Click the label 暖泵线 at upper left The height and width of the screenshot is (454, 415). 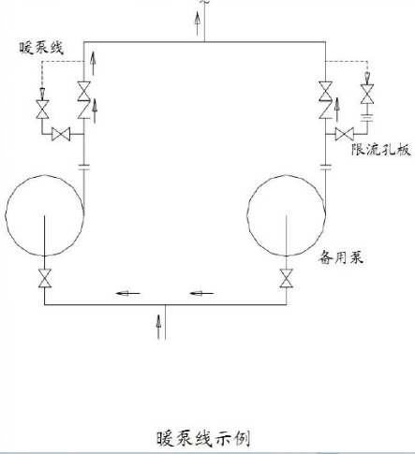41,48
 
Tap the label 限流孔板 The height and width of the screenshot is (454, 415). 380,150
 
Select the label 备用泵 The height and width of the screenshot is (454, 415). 341,257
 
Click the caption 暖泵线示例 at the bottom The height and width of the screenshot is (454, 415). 203,438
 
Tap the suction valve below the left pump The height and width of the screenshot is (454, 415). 45,278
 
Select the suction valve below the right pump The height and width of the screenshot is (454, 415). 287,278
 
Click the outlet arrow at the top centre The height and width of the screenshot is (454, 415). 198,23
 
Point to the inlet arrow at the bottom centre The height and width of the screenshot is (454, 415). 158,327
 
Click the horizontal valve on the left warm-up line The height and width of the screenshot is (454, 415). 61,134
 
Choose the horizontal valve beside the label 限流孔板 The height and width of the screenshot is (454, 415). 345,134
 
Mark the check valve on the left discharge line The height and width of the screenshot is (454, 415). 83,110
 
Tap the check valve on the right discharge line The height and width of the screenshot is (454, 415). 325,110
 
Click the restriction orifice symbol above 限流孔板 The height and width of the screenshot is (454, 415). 367,118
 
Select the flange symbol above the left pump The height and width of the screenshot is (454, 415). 83,168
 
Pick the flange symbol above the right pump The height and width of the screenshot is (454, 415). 326,168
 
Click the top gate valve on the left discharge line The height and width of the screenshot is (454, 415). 83,91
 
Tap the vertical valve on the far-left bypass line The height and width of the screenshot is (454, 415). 42,110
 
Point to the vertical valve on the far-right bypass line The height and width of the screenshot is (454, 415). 367,94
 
